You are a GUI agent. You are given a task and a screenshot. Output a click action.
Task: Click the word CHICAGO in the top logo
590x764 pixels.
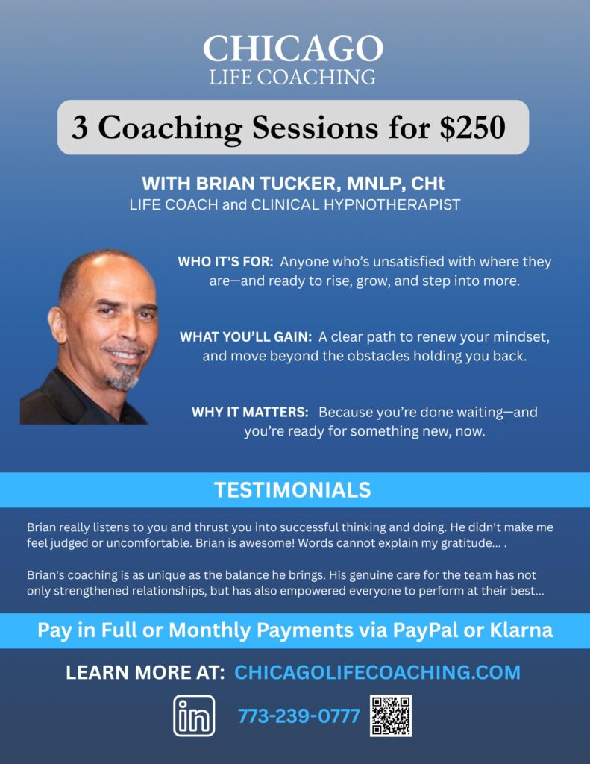click(x=293, y=48)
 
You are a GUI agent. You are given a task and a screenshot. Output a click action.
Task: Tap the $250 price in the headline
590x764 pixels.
click(x=473, y=128)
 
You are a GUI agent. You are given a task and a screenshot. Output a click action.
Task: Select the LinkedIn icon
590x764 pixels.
click(x=194, y=716)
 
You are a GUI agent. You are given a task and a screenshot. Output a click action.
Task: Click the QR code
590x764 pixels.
click(x=391, y=716)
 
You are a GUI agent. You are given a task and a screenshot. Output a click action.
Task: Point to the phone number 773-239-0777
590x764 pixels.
click(x=298, y=716)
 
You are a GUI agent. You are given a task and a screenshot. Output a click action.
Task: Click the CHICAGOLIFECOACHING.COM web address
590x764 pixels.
click(x=377, y=672)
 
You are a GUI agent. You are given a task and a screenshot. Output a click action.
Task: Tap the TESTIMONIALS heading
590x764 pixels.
click(x=293, y=490)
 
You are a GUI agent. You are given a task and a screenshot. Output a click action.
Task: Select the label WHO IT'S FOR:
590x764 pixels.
click(x=225, y=262)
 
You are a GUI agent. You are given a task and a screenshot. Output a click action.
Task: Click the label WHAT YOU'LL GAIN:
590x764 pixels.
click(x=246, y=336)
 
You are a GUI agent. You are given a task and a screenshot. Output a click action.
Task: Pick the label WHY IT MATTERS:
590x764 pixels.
click(x=250, y=412)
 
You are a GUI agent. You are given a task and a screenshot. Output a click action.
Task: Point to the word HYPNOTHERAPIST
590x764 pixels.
click(x=392, y=204)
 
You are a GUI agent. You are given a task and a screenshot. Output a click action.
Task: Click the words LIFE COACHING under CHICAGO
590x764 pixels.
click(x=293, y=78)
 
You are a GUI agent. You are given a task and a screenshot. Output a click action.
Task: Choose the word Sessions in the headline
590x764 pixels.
click(x=315, y=128)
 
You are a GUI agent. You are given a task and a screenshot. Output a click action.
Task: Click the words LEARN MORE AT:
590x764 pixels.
click(x=145, y=672)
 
